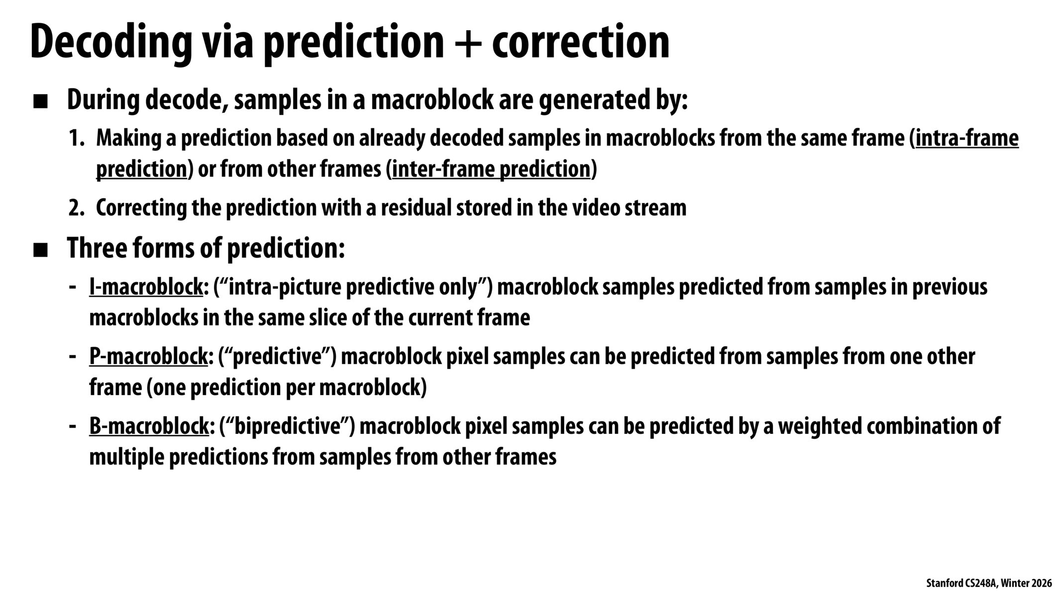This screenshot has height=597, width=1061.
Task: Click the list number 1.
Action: [x=77, y=138]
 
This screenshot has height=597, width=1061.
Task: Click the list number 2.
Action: [x=77, y=208]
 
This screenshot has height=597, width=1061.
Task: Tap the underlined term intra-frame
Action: [x=966, y=138]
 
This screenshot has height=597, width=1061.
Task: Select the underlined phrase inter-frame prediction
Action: [x=491, y=169]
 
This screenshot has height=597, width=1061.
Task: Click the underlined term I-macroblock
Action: [x=146, y=288]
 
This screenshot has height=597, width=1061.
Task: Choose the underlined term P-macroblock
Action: [x=148, y=357]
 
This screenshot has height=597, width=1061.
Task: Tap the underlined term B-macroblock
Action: [x=149, y=426]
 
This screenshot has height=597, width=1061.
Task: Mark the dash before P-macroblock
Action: [x=73, y=357]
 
